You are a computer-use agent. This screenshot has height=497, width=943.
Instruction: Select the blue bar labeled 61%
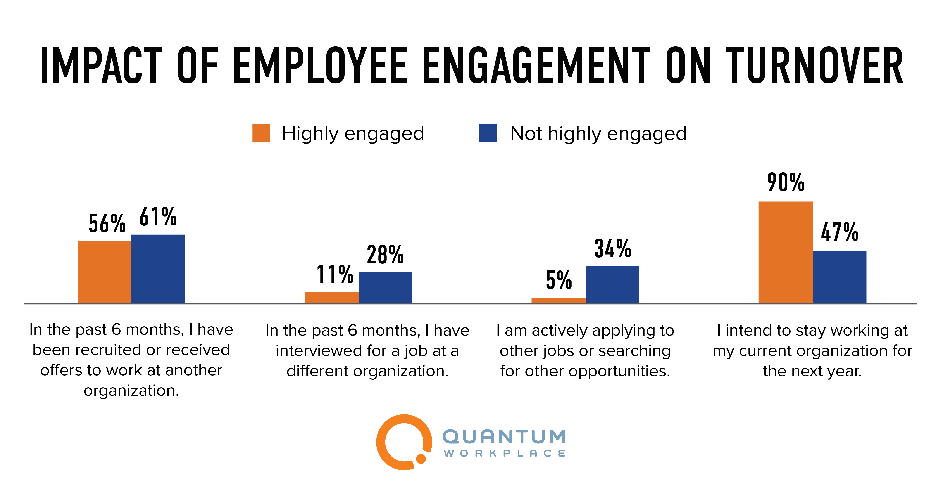(158, 269)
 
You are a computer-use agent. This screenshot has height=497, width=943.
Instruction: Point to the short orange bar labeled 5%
(559, 301)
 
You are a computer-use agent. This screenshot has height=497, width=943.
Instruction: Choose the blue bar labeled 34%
(612, 284)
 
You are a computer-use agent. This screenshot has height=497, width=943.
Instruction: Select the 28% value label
(385, 255)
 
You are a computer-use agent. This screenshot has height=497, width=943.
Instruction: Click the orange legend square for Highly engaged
(261, 133)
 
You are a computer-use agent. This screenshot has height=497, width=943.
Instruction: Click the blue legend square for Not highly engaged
(488, 133)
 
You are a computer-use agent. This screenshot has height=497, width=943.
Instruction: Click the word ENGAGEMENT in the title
(536, 65)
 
